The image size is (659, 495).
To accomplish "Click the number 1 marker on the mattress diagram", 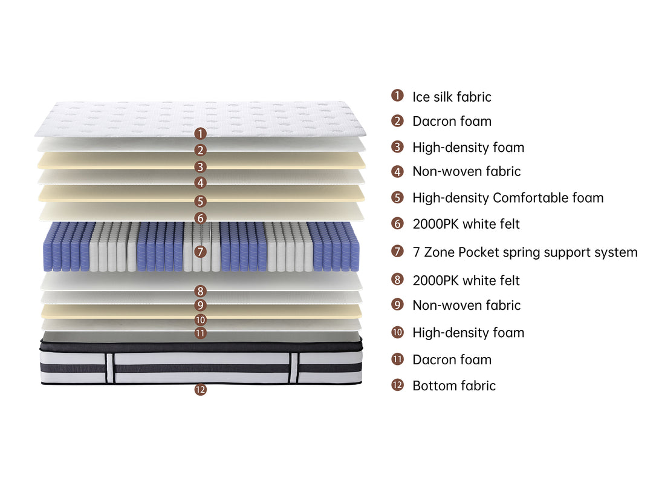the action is tap(201, 133).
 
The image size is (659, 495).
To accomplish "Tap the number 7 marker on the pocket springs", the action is tap(201, 252).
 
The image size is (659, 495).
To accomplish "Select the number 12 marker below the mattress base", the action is tap(201, 390).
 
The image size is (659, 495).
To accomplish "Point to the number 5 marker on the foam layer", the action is tap(201, 201).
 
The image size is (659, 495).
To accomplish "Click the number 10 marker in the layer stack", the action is tap(201, 320).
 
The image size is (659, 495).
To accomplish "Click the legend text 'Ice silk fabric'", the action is tap(452, 97).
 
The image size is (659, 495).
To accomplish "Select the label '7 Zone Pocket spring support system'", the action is tap(525, 252).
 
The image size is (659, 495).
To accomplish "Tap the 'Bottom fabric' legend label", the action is tap(454, 385).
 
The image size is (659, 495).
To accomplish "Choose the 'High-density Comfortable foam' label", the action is tap(508, 198).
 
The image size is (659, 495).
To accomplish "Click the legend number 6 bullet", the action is tap(397, 223).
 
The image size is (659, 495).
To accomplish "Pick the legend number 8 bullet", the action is tap(397, 279).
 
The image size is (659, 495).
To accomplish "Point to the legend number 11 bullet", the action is tap(397, 359).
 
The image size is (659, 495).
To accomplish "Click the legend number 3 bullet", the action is tap(397, 147).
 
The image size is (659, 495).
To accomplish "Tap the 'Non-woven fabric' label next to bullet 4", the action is tap(467, 171).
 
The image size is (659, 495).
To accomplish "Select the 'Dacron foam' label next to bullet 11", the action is tap(452, 359).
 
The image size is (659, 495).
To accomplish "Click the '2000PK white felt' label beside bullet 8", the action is tap(466, 281).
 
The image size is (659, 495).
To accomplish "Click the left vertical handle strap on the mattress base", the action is tap(110, 368).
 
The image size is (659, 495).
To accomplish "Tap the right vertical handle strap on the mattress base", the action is tap(294, 368).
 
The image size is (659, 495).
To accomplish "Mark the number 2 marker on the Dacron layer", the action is tap(201, 150).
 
